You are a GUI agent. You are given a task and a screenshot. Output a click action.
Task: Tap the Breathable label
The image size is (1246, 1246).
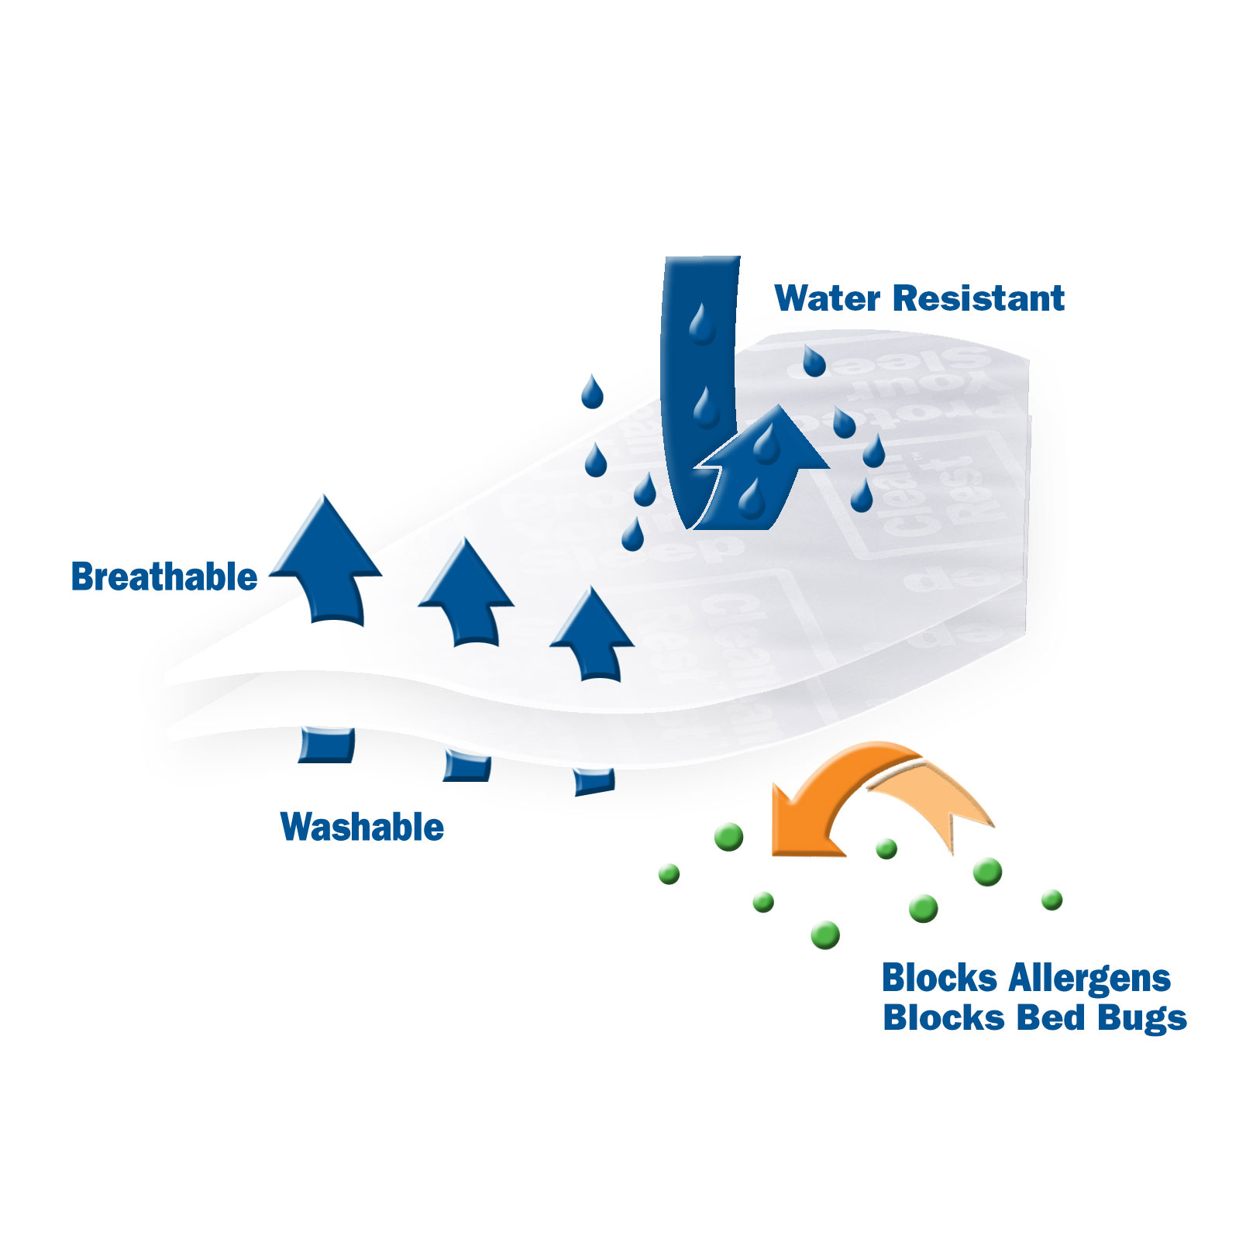pyautogui.click(x=164, y=577)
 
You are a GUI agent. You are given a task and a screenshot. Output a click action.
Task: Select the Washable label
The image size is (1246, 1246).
pyautogui.click(x=362, y=827)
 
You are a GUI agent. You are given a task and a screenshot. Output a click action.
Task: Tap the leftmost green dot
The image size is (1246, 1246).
pyautogui.click(x=669, y=874)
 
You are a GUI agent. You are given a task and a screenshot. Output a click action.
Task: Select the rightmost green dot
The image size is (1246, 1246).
pyautogui.click(x=1052, y=900)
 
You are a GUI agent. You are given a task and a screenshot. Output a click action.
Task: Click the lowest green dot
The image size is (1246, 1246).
pyautogui.click(x=825, y=934)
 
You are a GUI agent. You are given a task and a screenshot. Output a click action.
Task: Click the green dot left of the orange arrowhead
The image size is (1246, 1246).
pyautogui.click(x=728, y=837)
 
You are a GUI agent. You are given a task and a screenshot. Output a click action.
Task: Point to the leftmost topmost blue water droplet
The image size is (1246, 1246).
pyautogui.click(x=592, y=392)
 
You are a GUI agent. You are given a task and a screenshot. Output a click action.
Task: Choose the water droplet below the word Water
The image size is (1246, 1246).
pyautogui.click(x=814, y=361)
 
